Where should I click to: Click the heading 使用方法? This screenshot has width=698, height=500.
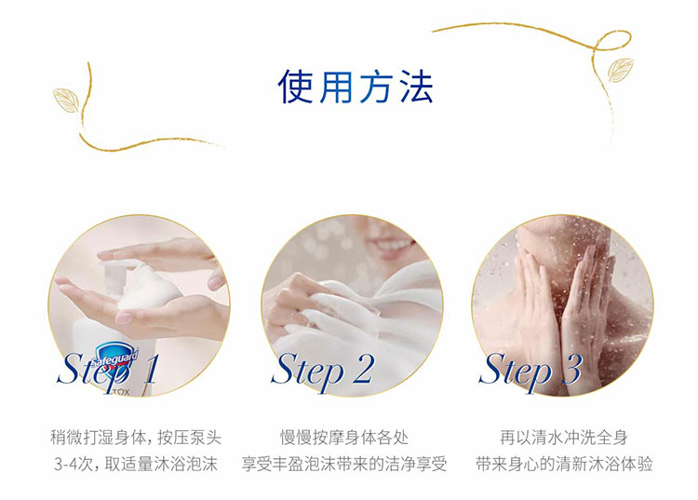click(x=356, y=87)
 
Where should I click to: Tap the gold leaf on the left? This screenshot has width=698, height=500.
click(x=66, y=100)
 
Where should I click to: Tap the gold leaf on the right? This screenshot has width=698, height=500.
click(x=621, y=71)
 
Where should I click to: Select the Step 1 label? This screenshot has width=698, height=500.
click(x=107, y=369)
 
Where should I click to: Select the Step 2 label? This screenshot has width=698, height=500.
click(x=322, y=369)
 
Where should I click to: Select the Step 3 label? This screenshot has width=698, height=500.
click(x=530, y=369)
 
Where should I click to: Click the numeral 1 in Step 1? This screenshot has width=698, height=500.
click(x=150, y=369)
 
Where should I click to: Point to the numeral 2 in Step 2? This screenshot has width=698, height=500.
click(x=362, y=369)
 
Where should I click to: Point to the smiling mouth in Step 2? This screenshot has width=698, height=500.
click(x=392, y=246)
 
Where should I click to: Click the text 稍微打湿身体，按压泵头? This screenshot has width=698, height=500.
click(x=135, y=438)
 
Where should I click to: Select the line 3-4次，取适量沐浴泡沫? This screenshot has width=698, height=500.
click(x=135, y=465)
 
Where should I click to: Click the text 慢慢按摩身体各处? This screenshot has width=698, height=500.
click(x=344, y=438)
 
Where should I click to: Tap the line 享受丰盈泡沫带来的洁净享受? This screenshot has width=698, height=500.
click(x=344, y=465)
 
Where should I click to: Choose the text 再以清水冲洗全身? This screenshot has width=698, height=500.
click(x=564, y=438)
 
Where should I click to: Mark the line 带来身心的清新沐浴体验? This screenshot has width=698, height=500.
click(x=564, y=465)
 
